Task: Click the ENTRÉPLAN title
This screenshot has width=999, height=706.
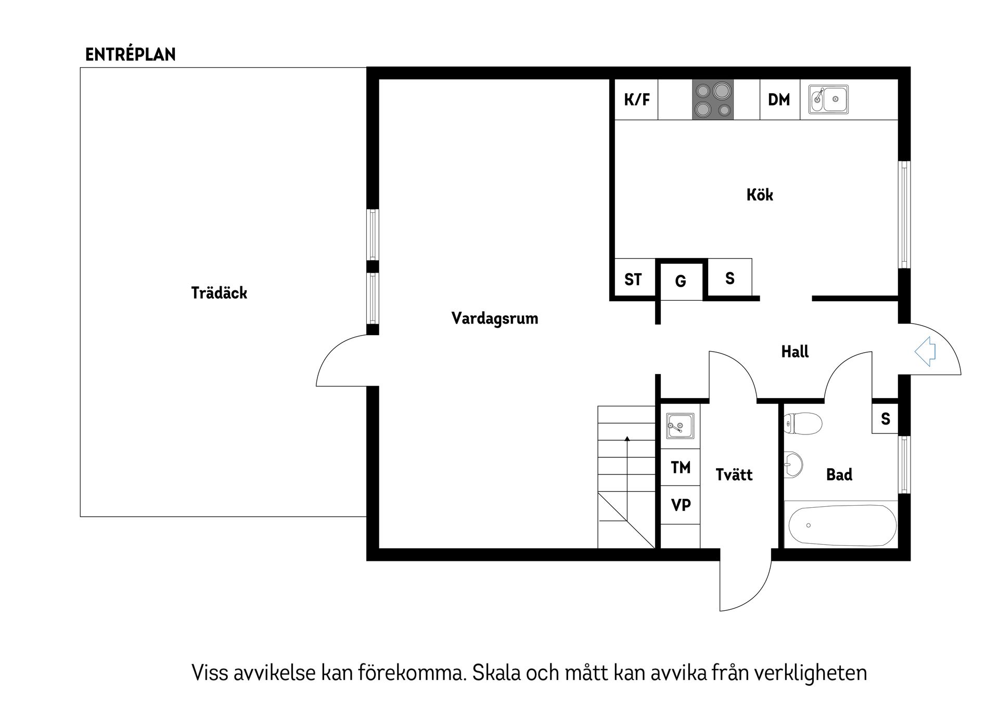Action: pos(130,55)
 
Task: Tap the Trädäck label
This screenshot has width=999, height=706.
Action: pos(219,293)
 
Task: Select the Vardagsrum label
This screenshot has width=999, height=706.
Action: pos(494,318)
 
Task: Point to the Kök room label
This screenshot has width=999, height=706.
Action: pos(760,195)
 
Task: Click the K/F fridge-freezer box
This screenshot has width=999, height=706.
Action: pos(636,99)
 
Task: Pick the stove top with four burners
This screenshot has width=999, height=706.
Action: pos(712,99)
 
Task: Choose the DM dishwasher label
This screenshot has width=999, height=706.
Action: pos(779,99)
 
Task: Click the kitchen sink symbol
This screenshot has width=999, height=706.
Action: pos(828,99)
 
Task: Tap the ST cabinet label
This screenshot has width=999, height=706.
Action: pos(633,280)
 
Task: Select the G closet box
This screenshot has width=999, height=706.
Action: pos(680,281)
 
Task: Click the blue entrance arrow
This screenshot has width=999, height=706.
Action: pos(925,352)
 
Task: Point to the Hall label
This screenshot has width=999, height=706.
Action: pos(795,352)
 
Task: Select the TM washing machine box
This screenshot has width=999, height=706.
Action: pos(681,468)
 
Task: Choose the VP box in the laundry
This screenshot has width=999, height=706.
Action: pos(681,505)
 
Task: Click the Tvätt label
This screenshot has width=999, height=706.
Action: pos(734,474)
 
